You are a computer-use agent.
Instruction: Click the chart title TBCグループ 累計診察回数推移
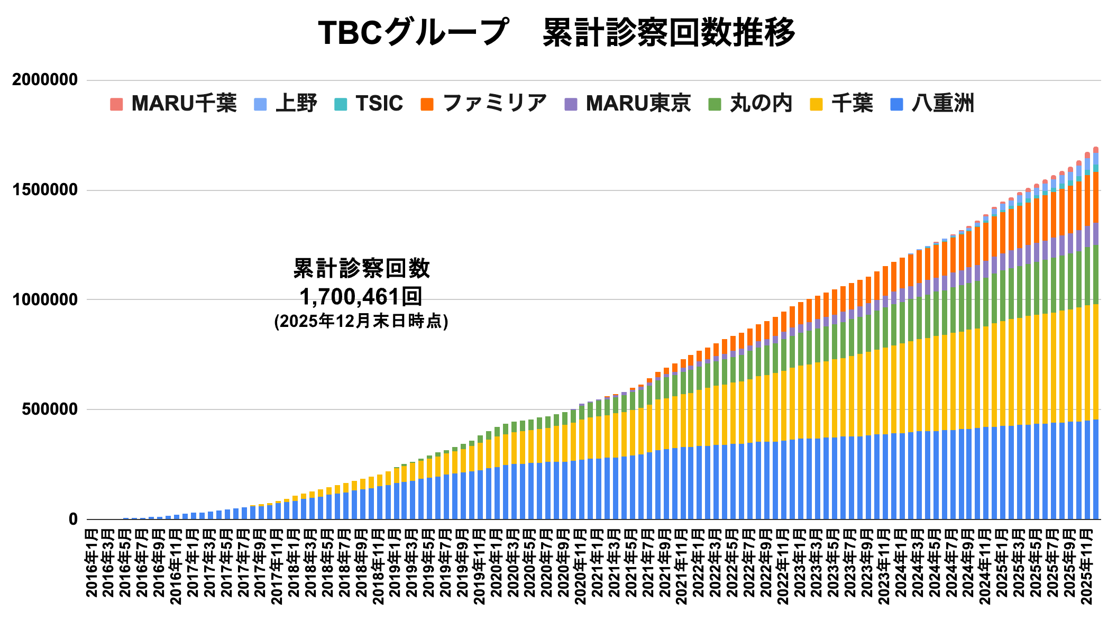click(x=556, y=33)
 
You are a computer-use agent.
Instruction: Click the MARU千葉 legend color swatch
click(x=116, y=104)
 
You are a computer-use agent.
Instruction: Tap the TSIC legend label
click(x=379, y=103)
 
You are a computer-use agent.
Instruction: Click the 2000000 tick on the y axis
click(x=45, y=80)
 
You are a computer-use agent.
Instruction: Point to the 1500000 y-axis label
click(x=45, y=190)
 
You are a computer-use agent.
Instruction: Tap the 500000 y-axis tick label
click(x=50, y=409)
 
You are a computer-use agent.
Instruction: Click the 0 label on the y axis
click(x=73, y=519)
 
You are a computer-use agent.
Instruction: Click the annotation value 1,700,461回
click(x=361, y=297)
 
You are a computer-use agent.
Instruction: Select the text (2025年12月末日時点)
click(x=361, y=321)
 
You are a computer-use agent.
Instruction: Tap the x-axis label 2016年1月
click(x=91, y=566)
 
